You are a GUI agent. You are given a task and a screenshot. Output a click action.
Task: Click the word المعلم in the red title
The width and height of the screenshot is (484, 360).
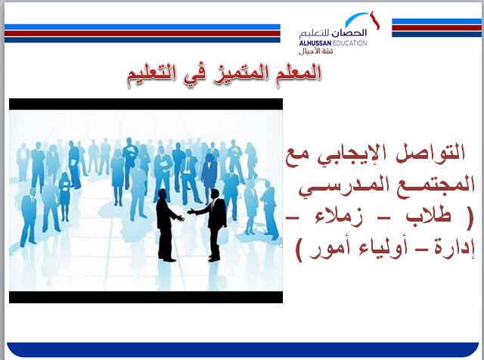299,73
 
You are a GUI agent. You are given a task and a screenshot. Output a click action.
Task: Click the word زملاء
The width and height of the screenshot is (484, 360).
342,218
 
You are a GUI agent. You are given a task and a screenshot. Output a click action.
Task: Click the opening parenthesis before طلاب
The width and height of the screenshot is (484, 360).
468,218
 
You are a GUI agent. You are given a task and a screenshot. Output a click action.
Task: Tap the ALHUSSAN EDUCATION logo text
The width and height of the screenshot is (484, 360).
333,44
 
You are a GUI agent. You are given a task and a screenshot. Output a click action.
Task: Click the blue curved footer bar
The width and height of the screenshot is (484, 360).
242,349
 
